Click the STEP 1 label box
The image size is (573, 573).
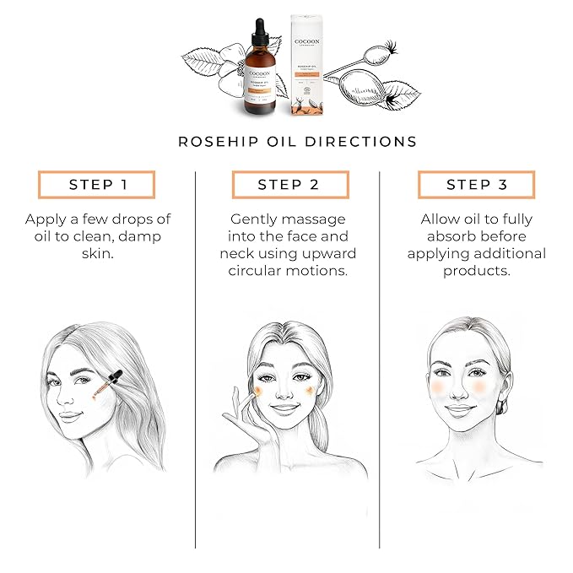click(x=96, y=185)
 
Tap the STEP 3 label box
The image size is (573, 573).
click(x=477, y=185)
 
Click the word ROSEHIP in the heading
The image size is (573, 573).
click(x=218, y=142)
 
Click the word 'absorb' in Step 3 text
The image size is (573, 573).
click(x=443, y=236)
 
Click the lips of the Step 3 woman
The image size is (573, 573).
click(x=461, y=410)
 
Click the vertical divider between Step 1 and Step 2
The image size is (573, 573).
click(x=195, y=338)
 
